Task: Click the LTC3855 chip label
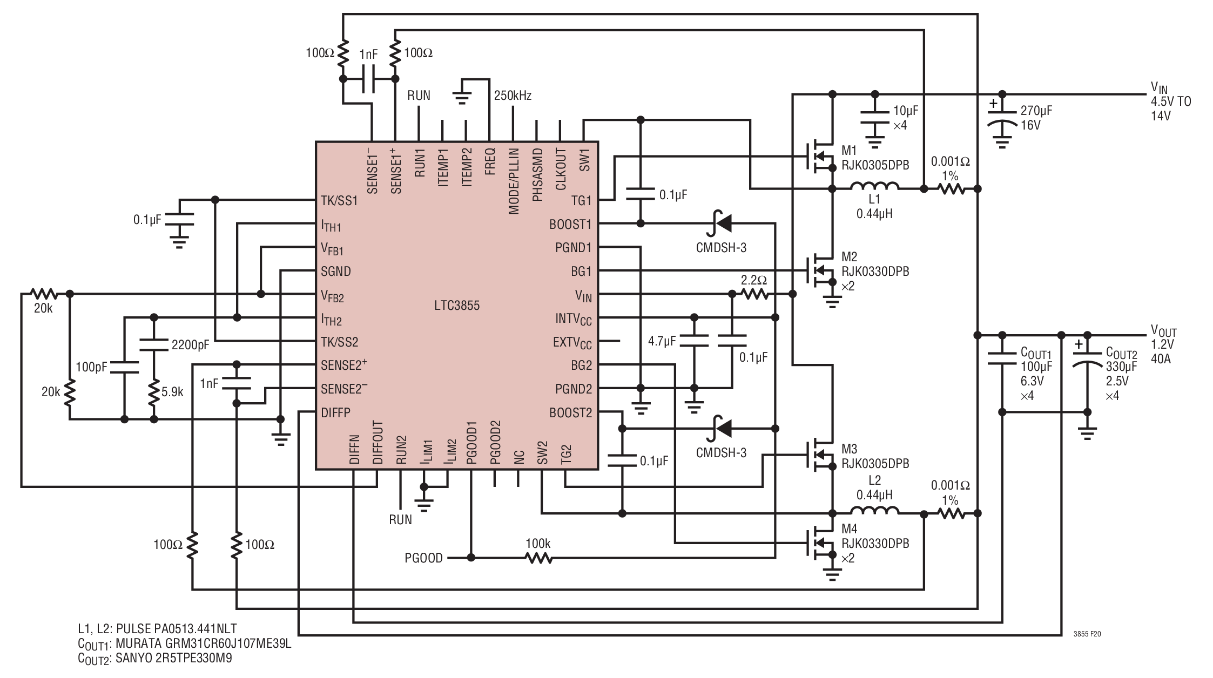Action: point(457,306)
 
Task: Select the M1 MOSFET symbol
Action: point(819,157)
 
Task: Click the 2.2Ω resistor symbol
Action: point(755,294)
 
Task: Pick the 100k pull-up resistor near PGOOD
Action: point(538,558)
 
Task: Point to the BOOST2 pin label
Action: point(570,413)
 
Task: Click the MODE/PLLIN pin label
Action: point(513,181)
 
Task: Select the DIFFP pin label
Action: point(335,413)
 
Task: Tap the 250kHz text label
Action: point(513,96)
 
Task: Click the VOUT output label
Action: point(1163,331)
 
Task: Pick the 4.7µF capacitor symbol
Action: point(694,341)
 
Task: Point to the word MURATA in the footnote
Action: point(136,643)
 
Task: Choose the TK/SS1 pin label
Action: point(339,200)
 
